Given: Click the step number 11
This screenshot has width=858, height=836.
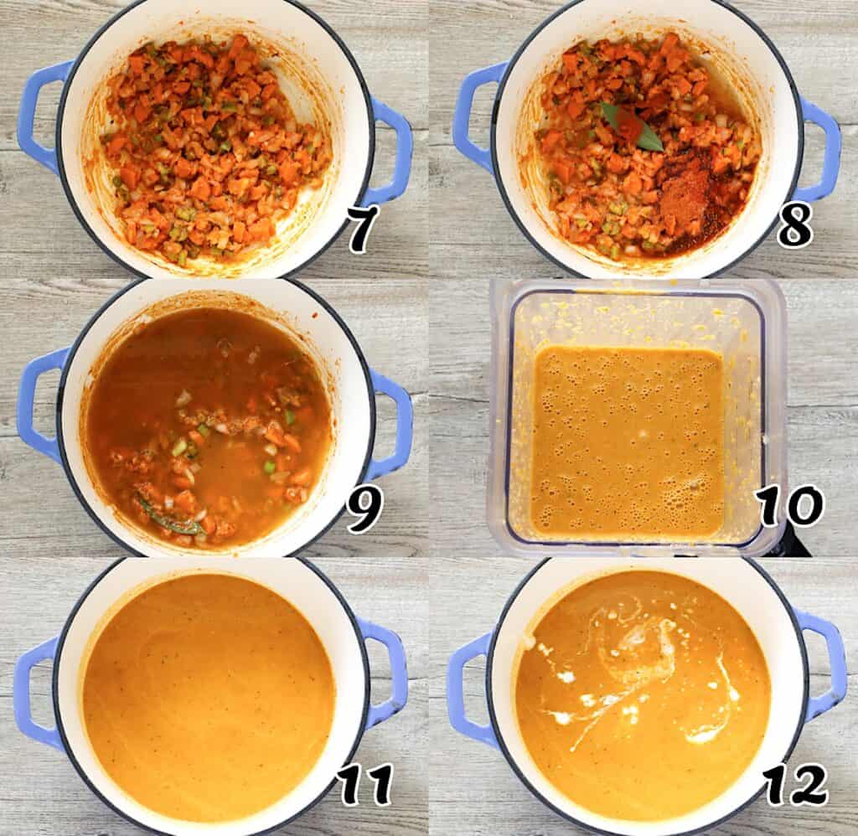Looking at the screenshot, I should (x=365, y=785).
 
